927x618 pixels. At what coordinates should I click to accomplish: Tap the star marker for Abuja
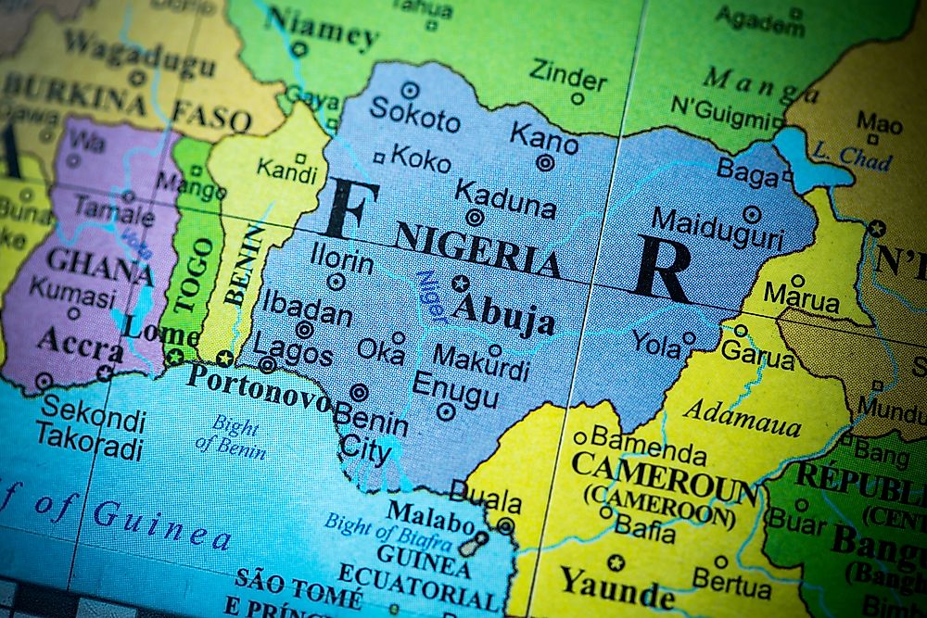pyautogui.click(x=461, y=284)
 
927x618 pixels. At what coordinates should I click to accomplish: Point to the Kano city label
pyautogui.click(x=544, y=139)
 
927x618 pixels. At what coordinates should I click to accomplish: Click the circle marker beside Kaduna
pyautogui.click(x=475, y=218)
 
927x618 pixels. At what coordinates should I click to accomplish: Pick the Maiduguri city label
pyautogui.click(x=717, y=230)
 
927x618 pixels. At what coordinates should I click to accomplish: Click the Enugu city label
pyautogui.click(x=455, y=387)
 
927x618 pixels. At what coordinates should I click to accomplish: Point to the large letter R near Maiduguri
pyautogui.click(x=664, y=269)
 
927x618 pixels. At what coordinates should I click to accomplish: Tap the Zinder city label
pyautogui.click(x=567, y=73)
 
